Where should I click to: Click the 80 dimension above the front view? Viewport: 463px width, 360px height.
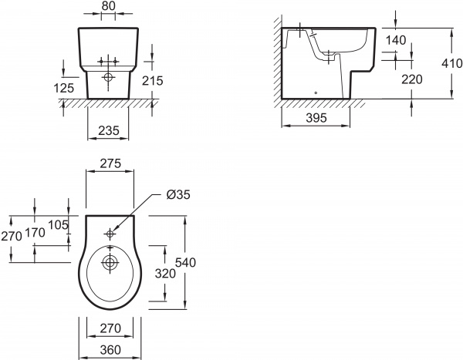pos(108,6)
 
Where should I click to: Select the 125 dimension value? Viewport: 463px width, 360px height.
pos(64,88)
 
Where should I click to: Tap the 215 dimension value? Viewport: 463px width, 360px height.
pos(152,81)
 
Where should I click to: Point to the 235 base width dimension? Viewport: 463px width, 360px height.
pos(109,130)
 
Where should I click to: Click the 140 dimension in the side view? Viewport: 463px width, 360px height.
pos(396,40)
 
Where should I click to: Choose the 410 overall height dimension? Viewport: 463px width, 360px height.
pos(451,63)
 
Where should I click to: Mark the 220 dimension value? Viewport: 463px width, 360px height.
pos(412,79)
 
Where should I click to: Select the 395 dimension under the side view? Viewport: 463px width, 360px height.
pos(316,118)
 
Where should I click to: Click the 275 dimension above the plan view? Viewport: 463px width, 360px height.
pos(110,163)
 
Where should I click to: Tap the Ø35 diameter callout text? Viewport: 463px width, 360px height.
pos(178,195)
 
